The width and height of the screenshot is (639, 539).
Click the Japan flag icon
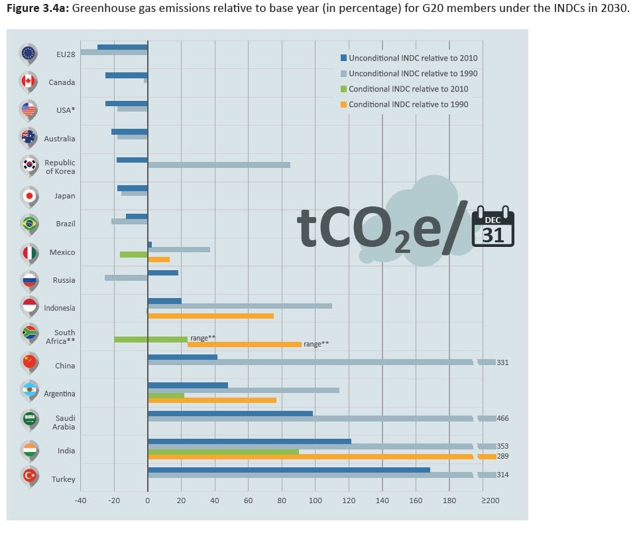29,195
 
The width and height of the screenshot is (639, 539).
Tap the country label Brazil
65,224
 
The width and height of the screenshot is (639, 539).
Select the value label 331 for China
502,362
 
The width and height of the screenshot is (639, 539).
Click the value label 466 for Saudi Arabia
502,418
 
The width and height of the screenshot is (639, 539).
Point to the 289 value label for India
502,456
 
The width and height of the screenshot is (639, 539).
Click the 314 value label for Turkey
502,475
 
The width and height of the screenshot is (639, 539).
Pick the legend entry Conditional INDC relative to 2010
408,89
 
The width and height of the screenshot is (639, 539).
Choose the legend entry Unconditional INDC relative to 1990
412,74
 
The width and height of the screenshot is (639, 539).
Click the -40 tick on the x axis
80,501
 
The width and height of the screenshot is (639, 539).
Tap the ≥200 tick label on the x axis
490,501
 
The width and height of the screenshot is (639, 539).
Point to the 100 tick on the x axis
315,501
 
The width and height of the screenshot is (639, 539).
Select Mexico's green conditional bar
133,254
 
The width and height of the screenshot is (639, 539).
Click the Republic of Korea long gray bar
219,165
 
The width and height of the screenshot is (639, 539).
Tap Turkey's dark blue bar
288,470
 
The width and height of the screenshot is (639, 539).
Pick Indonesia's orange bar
211,316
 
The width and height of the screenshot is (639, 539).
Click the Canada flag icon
29,82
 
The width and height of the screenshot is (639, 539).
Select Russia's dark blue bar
163,273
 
